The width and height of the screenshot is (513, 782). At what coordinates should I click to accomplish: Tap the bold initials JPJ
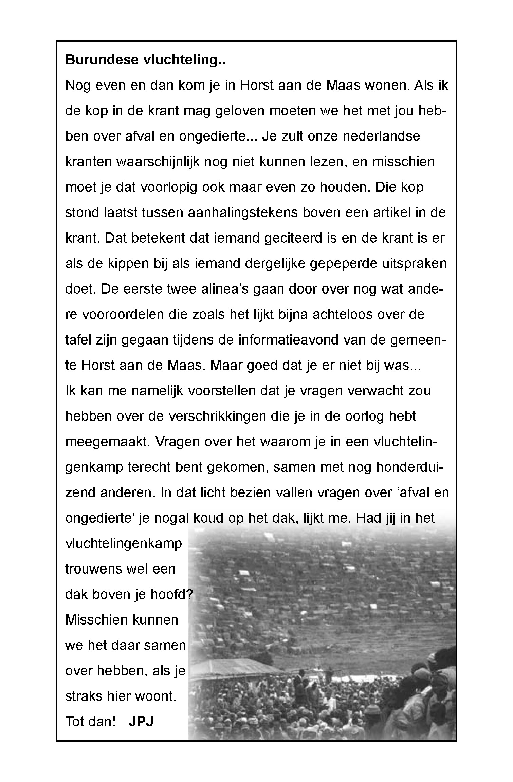tap(141, 721)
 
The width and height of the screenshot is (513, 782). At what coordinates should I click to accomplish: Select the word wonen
tap(385, 85)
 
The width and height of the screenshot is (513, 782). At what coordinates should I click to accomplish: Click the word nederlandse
tap(381, 136)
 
